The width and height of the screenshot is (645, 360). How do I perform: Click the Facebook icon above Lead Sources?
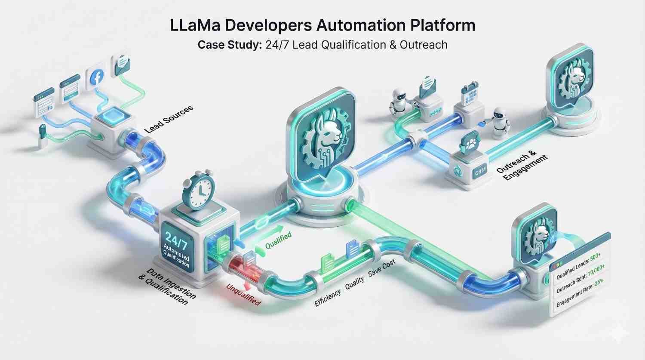coord(97,77)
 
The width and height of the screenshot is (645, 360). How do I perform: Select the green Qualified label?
coord(278,240)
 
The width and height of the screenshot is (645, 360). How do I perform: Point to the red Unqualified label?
coord(244,294)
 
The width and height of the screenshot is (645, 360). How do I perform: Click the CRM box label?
coord(480,172)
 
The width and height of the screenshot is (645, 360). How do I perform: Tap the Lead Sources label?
coord(168,119)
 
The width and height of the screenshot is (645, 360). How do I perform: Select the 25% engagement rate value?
coord(599,283)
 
